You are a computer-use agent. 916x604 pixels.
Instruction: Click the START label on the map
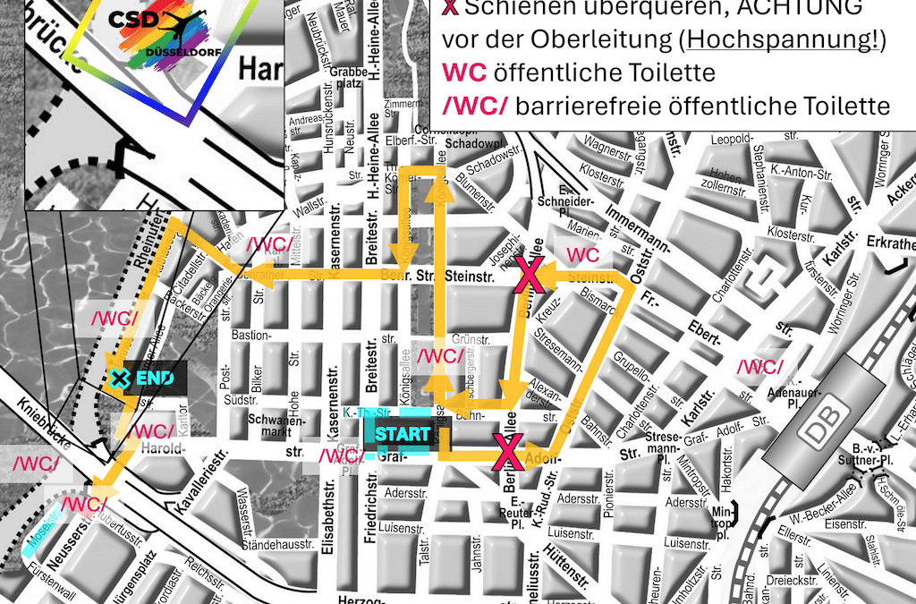point(396,434)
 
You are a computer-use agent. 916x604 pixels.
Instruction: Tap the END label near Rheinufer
point(154,378)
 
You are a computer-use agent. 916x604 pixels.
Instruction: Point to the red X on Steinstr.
point(530,276)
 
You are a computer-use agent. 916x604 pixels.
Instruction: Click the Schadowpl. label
point(470,143)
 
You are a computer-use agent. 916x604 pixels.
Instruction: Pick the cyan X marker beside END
point(119,379)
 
